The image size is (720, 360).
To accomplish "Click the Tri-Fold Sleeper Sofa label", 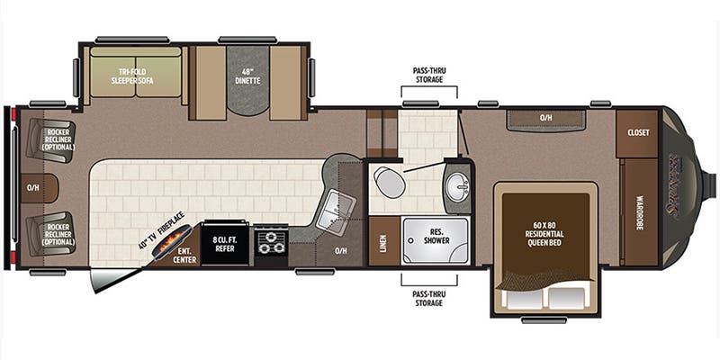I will [x=135, y=76].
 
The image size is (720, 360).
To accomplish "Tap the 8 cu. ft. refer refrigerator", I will [x=225, y=244].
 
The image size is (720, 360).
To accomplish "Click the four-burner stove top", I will [x=270, y=244].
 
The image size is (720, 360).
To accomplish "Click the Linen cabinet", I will [x=382, y=240].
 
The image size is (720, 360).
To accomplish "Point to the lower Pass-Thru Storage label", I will [x=429, y=298].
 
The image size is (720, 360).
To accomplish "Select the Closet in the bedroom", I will [x=639, y=132].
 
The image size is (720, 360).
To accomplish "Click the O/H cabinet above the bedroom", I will [x=545, y=118].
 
